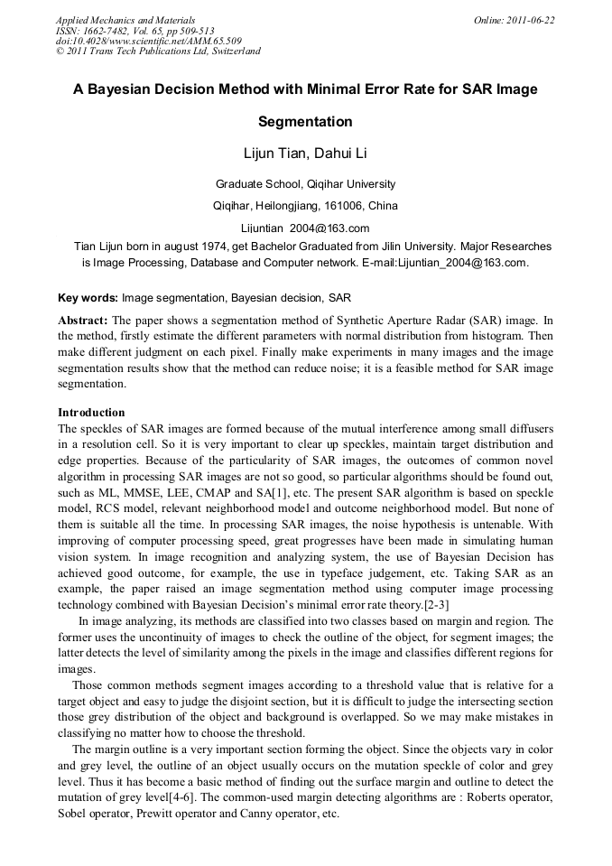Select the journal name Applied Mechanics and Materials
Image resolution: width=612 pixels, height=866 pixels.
(x=125, y=20)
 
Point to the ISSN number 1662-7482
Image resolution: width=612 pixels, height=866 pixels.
(x=110, y=30)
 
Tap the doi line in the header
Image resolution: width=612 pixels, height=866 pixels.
(x=148, y=41)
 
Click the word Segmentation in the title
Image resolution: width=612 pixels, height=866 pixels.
(x=305, y=121)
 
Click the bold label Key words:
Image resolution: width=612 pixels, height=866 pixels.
(x=88, y=297)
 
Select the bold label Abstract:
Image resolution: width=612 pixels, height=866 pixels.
(x=83, y=321)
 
